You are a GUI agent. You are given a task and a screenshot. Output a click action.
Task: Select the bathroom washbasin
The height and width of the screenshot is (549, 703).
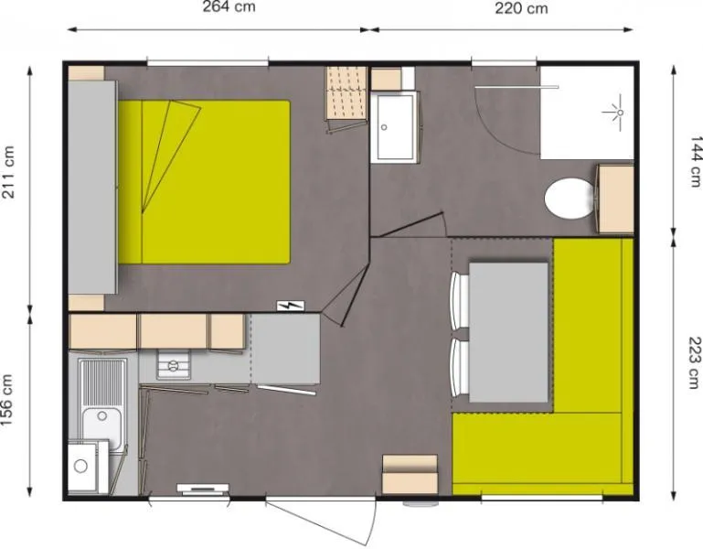pyautogui.click(x=394, y=126)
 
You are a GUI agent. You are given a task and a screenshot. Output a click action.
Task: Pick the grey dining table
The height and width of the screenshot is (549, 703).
pyautogui.click(x=508, y=331)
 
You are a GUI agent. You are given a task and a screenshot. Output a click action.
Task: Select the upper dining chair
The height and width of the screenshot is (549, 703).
pyautogui.click(x=460, y=301)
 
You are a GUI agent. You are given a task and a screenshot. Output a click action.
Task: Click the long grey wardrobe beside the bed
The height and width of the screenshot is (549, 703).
pyautogui.click(x=92, y=187)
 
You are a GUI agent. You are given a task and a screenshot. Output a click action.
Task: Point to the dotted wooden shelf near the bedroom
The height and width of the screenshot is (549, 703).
pyautogui.click(x=346, y=94)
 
